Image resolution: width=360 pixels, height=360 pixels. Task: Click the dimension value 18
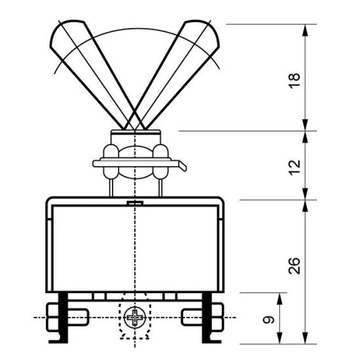295,81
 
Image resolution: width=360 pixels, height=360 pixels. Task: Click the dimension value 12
295,168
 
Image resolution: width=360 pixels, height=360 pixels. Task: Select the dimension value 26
295,266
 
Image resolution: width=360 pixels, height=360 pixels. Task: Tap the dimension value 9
268,319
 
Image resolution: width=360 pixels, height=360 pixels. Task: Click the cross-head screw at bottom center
135,317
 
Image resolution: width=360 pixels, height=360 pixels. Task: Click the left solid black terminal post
62,318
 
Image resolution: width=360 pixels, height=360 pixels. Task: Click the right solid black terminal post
207,318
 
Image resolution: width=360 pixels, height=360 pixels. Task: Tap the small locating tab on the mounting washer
183,166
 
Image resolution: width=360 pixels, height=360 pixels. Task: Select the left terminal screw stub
78,317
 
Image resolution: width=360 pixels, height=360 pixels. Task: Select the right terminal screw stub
192,317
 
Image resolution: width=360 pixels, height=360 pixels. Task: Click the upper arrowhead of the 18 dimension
305,30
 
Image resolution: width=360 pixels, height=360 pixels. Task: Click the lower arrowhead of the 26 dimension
305,338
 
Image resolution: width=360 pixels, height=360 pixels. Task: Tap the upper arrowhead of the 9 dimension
279,298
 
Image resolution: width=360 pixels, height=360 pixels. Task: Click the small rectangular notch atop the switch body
135,203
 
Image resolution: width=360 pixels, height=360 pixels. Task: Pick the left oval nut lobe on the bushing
111,161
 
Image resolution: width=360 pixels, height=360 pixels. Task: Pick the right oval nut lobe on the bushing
161,161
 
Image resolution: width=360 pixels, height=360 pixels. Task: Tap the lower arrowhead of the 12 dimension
305,194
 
